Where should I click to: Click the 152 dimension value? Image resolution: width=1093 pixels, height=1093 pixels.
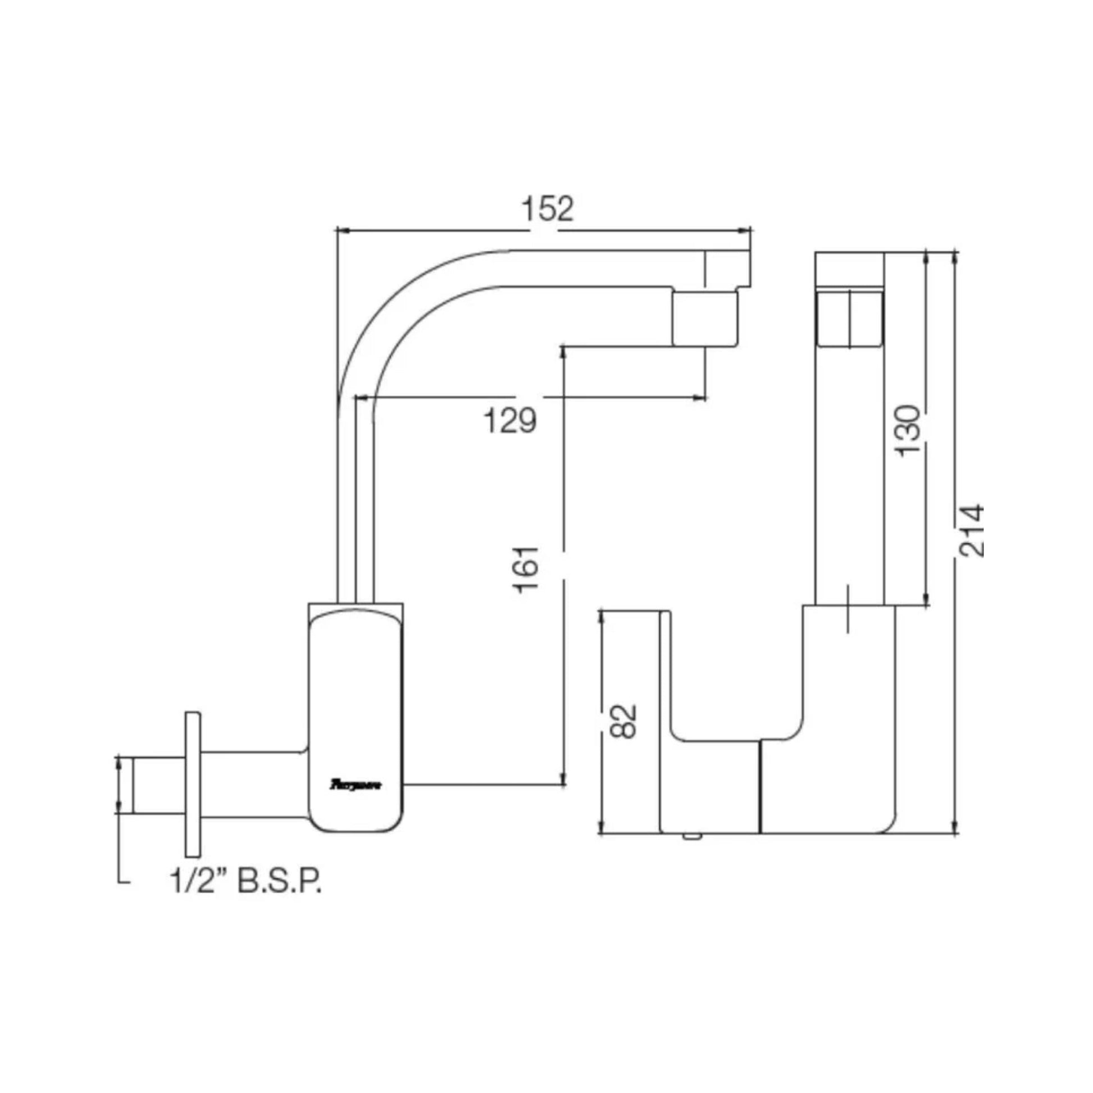(x=546, y=210)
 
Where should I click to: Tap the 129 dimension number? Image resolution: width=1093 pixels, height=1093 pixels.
(x=510, y=421)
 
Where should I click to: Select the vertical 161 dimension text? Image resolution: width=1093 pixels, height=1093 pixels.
(x=526, y=569)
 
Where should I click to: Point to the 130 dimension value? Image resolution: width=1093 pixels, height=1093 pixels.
(x=909, y=431)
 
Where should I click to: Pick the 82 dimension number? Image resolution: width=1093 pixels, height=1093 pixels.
(x=623, y=721)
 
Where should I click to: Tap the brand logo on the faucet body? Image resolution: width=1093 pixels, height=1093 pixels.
(x=356, y=785)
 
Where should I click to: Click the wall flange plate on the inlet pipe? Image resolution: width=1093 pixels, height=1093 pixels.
(x=192, y=784)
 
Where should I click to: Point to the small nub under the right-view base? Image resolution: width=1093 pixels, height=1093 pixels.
(x=692, y=837)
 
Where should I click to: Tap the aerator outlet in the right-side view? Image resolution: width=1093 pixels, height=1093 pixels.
(x=849, y=318)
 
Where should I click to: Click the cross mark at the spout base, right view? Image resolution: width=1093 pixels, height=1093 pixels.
(x=848, y=608)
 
